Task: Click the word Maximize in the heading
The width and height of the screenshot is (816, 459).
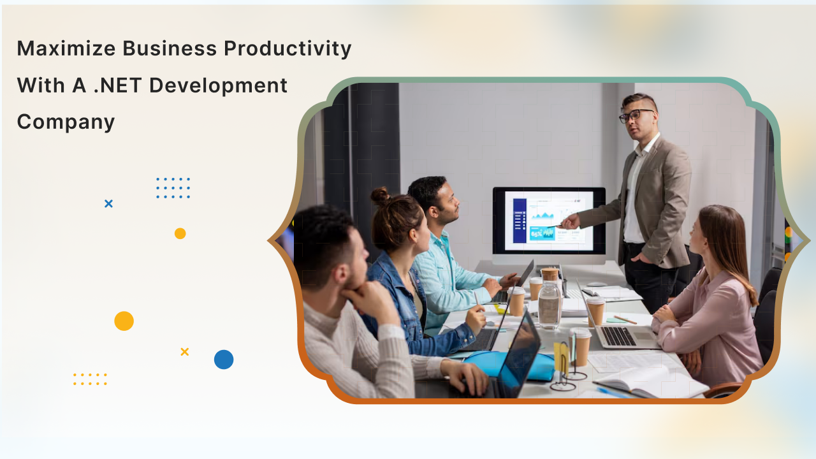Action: tap(66, 48)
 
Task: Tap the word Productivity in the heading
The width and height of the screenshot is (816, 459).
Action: tap(288, 49)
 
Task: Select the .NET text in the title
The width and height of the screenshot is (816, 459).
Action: tap(117, 85)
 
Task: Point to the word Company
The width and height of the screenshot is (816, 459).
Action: tap(66, 122)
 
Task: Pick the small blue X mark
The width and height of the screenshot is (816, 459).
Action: tap(108, 203)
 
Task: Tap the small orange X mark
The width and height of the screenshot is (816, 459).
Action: tap(185, 351)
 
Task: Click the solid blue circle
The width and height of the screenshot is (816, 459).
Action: tap(224, 360)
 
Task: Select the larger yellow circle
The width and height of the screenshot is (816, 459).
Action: tap(124, 321)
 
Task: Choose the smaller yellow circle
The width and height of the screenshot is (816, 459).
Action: tap(180, 233)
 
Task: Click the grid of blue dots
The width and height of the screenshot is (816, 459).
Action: tap(173, 188)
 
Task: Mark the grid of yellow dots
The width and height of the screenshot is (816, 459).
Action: tap(90, 379)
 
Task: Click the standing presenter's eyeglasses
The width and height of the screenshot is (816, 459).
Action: tap(635, 115)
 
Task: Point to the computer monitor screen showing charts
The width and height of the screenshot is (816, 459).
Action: tap(549, 221)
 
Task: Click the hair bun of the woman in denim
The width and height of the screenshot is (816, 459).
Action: tap(381, 196)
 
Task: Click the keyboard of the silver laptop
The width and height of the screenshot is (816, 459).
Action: tap(619, 335)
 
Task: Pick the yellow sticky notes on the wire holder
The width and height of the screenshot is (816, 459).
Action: tap(562, 358)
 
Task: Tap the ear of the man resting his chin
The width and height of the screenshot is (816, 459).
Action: tap(340, 273)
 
